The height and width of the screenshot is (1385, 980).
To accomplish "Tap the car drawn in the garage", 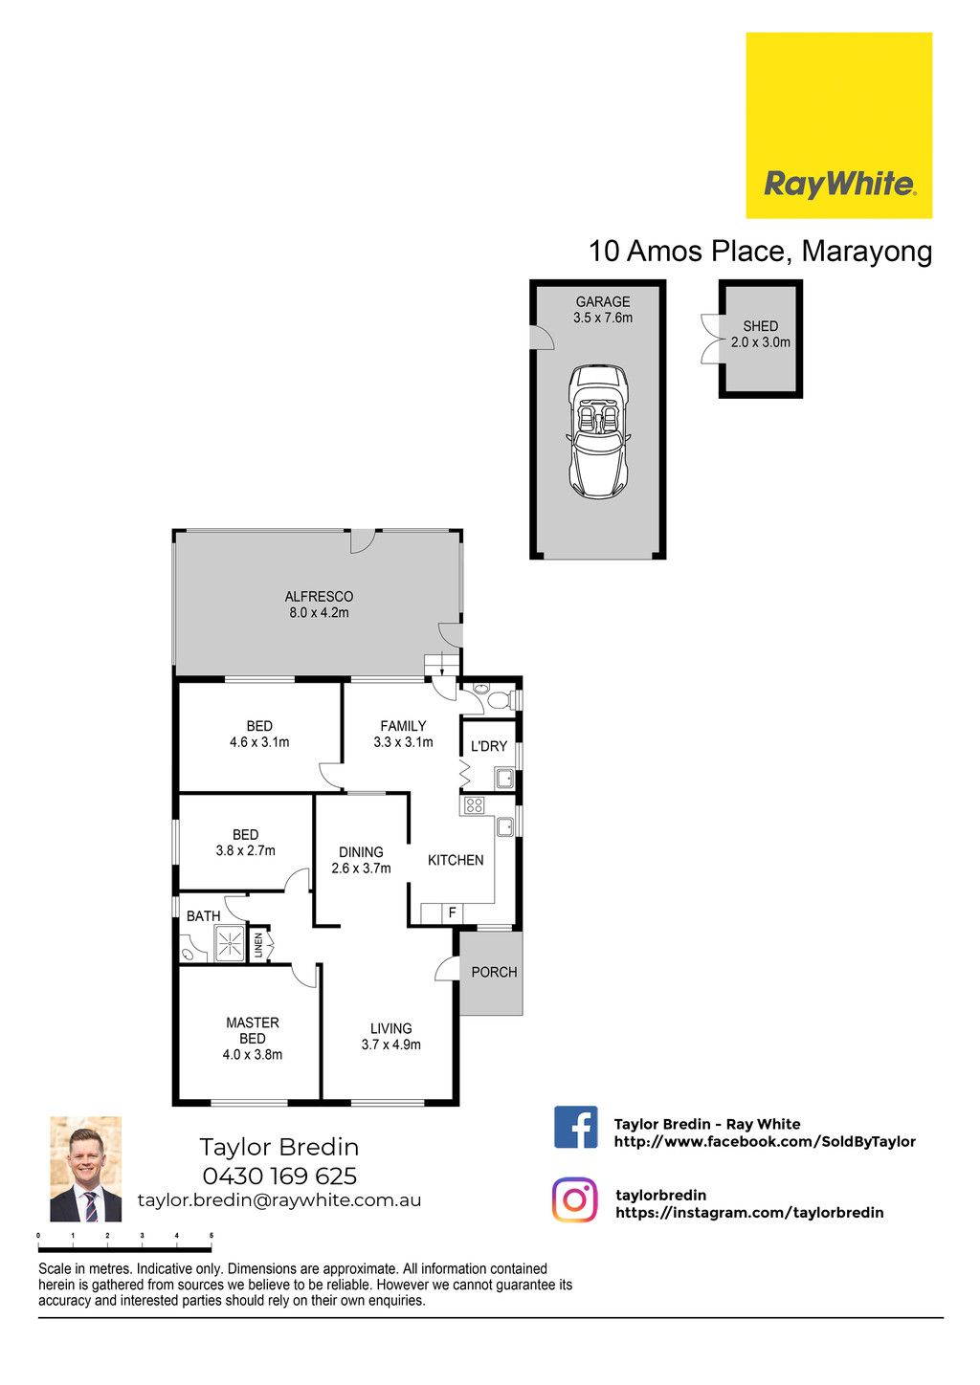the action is [x=598, y=431].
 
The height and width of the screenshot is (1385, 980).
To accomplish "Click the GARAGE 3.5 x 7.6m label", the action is [x=603, y=310].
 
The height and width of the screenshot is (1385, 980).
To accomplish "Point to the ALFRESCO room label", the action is [x=319, y=605].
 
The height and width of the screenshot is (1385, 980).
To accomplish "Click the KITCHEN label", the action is [x=456, y=860].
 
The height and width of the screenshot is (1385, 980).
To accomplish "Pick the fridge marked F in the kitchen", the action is [x=453, y=912].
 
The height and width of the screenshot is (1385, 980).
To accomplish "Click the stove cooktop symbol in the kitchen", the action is [x=474, y=805].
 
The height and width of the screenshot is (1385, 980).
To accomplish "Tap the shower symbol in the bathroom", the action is [x=230, y=943].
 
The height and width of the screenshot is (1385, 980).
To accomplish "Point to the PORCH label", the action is [x=494, y=972].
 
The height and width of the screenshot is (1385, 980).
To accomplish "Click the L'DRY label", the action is [x=489, y=746].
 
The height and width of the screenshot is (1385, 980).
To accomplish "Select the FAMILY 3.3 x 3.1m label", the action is [x=403, y=734].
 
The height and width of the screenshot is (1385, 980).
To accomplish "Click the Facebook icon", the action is [x=575, y=1127].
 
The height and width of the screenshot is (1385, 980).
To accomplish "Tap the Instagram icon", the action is [x=575, y=1199].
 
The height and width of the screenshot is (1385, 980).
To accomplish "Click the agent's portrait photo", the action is [x=85, y=1169].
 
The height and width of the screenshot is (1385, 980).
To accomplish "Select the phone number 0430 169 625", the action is [x=279, y=1176].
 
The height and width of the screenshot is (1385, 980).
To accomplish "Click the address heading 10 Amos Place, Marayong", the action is [x=761, y=251].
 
